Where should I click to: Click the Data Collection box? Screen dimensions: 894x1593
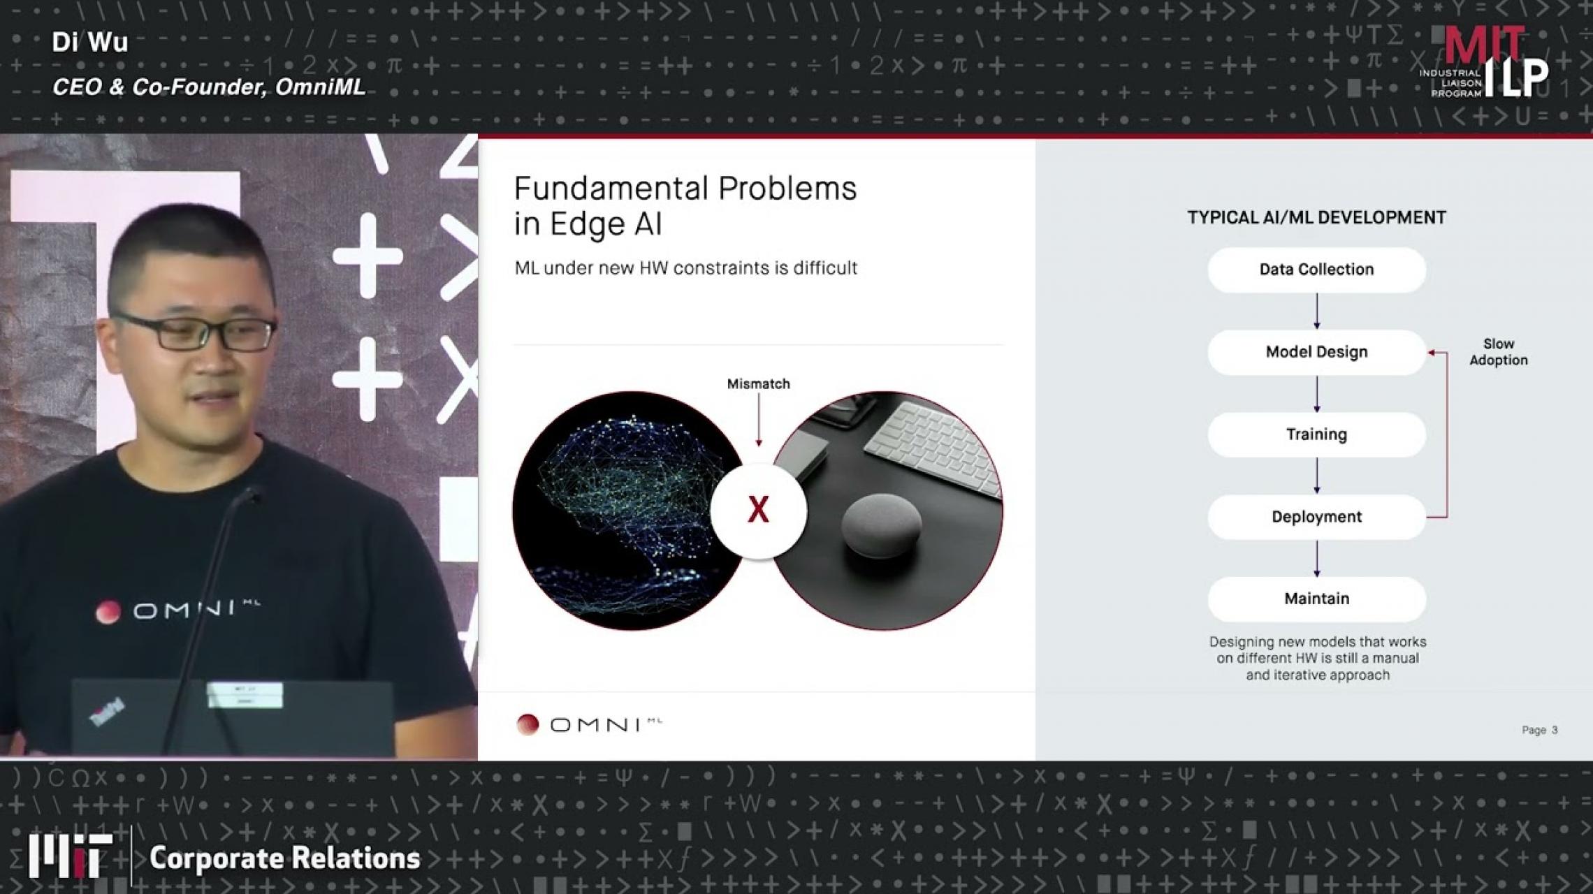[1316, 270]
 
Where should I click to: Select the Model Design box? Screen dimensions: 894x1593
[1316, 352]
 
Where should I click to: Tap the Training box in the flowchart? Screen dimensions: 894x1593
[1316, 434]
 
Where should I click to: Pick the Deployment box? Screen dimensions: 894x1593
[1316, 517]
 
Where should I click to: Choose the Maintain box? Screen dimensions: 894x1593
[1316, 599]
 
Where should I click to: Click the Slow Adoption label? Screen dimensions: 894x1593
[1498, 352]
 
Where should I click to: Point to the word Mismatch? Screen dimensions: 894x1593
[758, 384]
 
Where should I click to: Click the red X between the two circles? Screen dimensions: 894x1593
[758, 510]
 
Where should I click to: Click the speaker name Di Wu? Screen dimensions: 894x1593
[90, 43]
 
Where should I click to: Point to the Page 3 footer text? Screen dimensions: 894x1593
[1539, 730]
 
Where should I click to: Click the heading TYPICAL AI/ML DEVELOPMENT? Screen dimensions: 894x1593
[1316, 218]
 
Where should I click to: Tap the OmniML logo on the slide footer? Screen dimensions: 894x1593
[589, 724]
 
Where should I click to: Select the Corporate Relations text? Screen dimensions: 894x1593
[284, 858]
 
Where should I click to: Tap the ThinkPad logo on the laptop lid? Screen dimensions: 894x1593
[107, 712]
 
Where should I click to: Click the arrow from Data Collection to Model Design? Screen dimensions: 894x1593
[1316, 311]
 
